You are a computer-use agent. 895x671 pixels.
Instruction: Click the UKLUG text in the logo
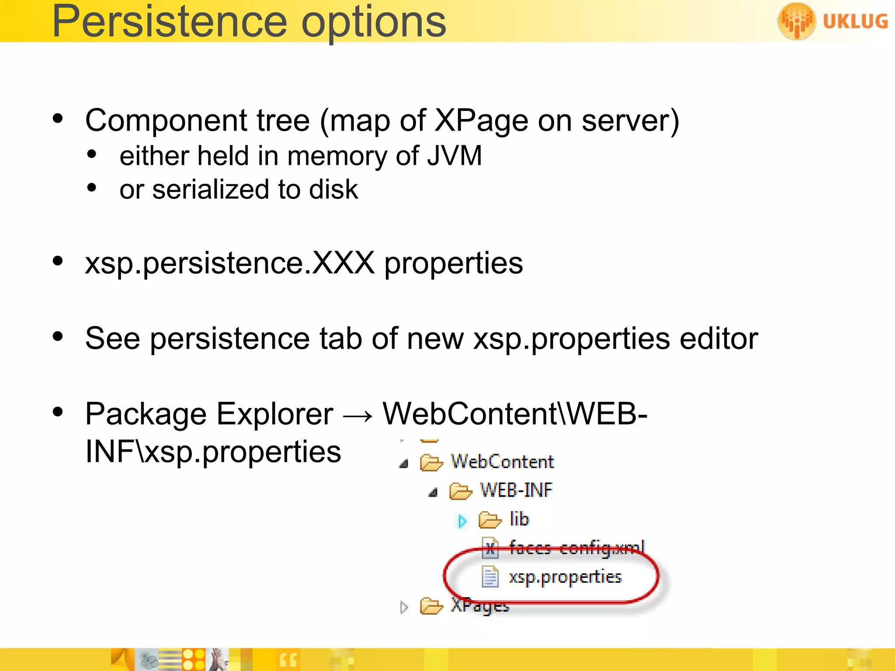point(855,21)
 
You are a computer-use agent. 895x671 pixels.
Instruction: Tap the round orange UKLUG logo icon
point(796,21)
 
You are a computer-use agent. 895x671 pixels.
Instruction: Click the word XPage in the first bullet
point(481,121)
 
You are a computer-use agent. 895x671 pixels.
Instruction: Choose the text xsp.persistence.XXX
point(230,263)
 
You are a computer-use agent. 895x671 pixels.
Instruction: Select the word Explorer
point(275,414)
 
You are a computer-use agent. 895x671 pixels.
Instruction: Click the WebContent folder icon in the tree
point(431,462)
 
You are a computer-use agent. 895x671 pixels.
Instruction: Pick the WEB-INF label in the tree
point(516,490)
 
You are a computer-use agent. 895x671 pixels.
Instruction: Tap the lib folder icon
point(489,520)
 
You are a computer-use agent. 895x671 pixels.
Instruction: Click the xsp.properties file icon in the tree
point(490,577)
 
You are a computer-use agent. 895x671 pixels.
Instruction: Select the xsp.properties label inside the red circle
point(565,577)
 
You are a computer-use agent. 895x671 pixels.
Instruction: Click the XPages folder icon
point(431,606)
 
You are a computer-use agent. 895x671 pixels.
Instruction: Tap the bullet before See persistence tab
point(58,336)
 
